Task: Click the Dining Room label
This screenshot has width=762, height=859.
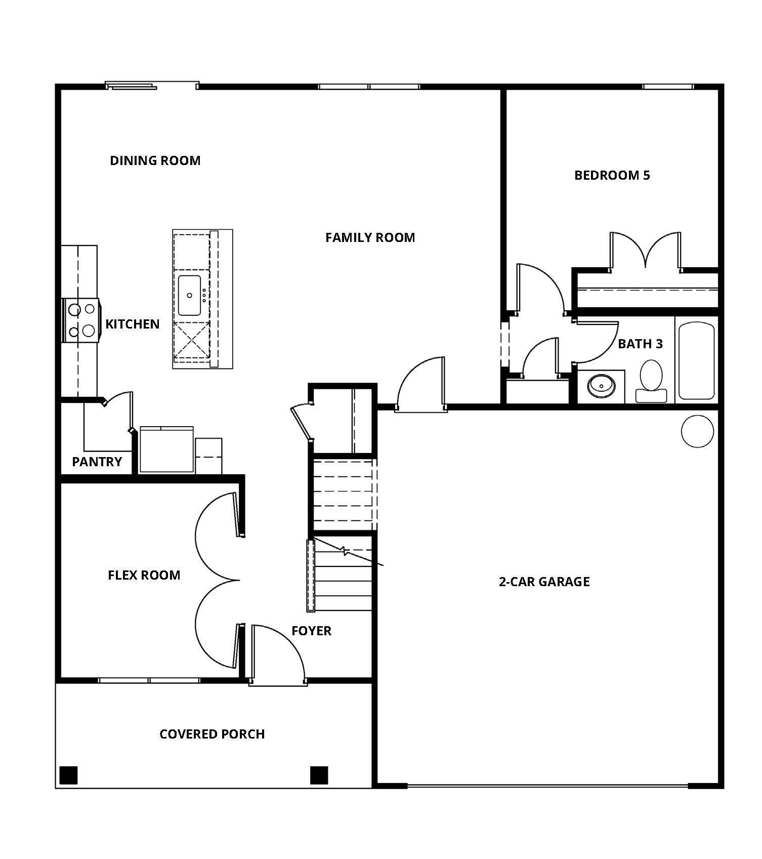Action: (155, 160)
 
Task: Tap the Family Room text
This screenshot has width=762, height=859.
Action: (370, 237)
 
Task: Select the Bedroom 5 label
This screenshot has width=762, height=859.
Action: (612, 175)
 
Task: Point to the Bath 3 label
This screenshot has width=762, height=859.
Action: (640, 344)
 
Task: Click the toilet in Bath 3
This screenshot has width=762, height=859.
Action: (651, 381)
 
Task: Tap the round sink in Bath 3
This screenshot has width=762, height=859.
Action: (601, 386)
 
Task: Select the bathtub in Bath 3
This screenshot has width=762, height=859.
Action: (696, 360)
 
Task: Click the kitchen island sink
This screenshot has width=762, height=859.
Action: (190, 296)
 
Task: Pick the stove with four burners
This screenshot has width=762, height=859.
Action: (81, 320)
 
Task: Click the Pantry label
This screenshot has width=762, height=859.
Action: (97, 462)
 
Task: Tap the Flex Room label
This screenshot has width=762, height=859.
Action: (144, 575)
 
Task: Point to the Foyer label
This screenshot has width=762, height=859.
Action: (311, 631)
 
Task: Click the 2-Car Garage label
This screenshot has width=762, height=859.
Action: (544, 582)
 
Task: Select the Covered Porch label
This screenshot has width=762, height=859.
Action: (212, 734)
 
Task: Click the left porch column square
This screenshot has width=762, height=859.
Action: (68, 775)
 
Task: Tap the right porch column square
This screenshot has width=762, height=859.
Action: (319, 775)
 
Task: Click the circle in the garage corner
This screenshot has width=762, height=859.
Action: (698, 431)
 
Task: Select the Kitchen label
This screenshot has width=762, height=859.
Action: (133, 324)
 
